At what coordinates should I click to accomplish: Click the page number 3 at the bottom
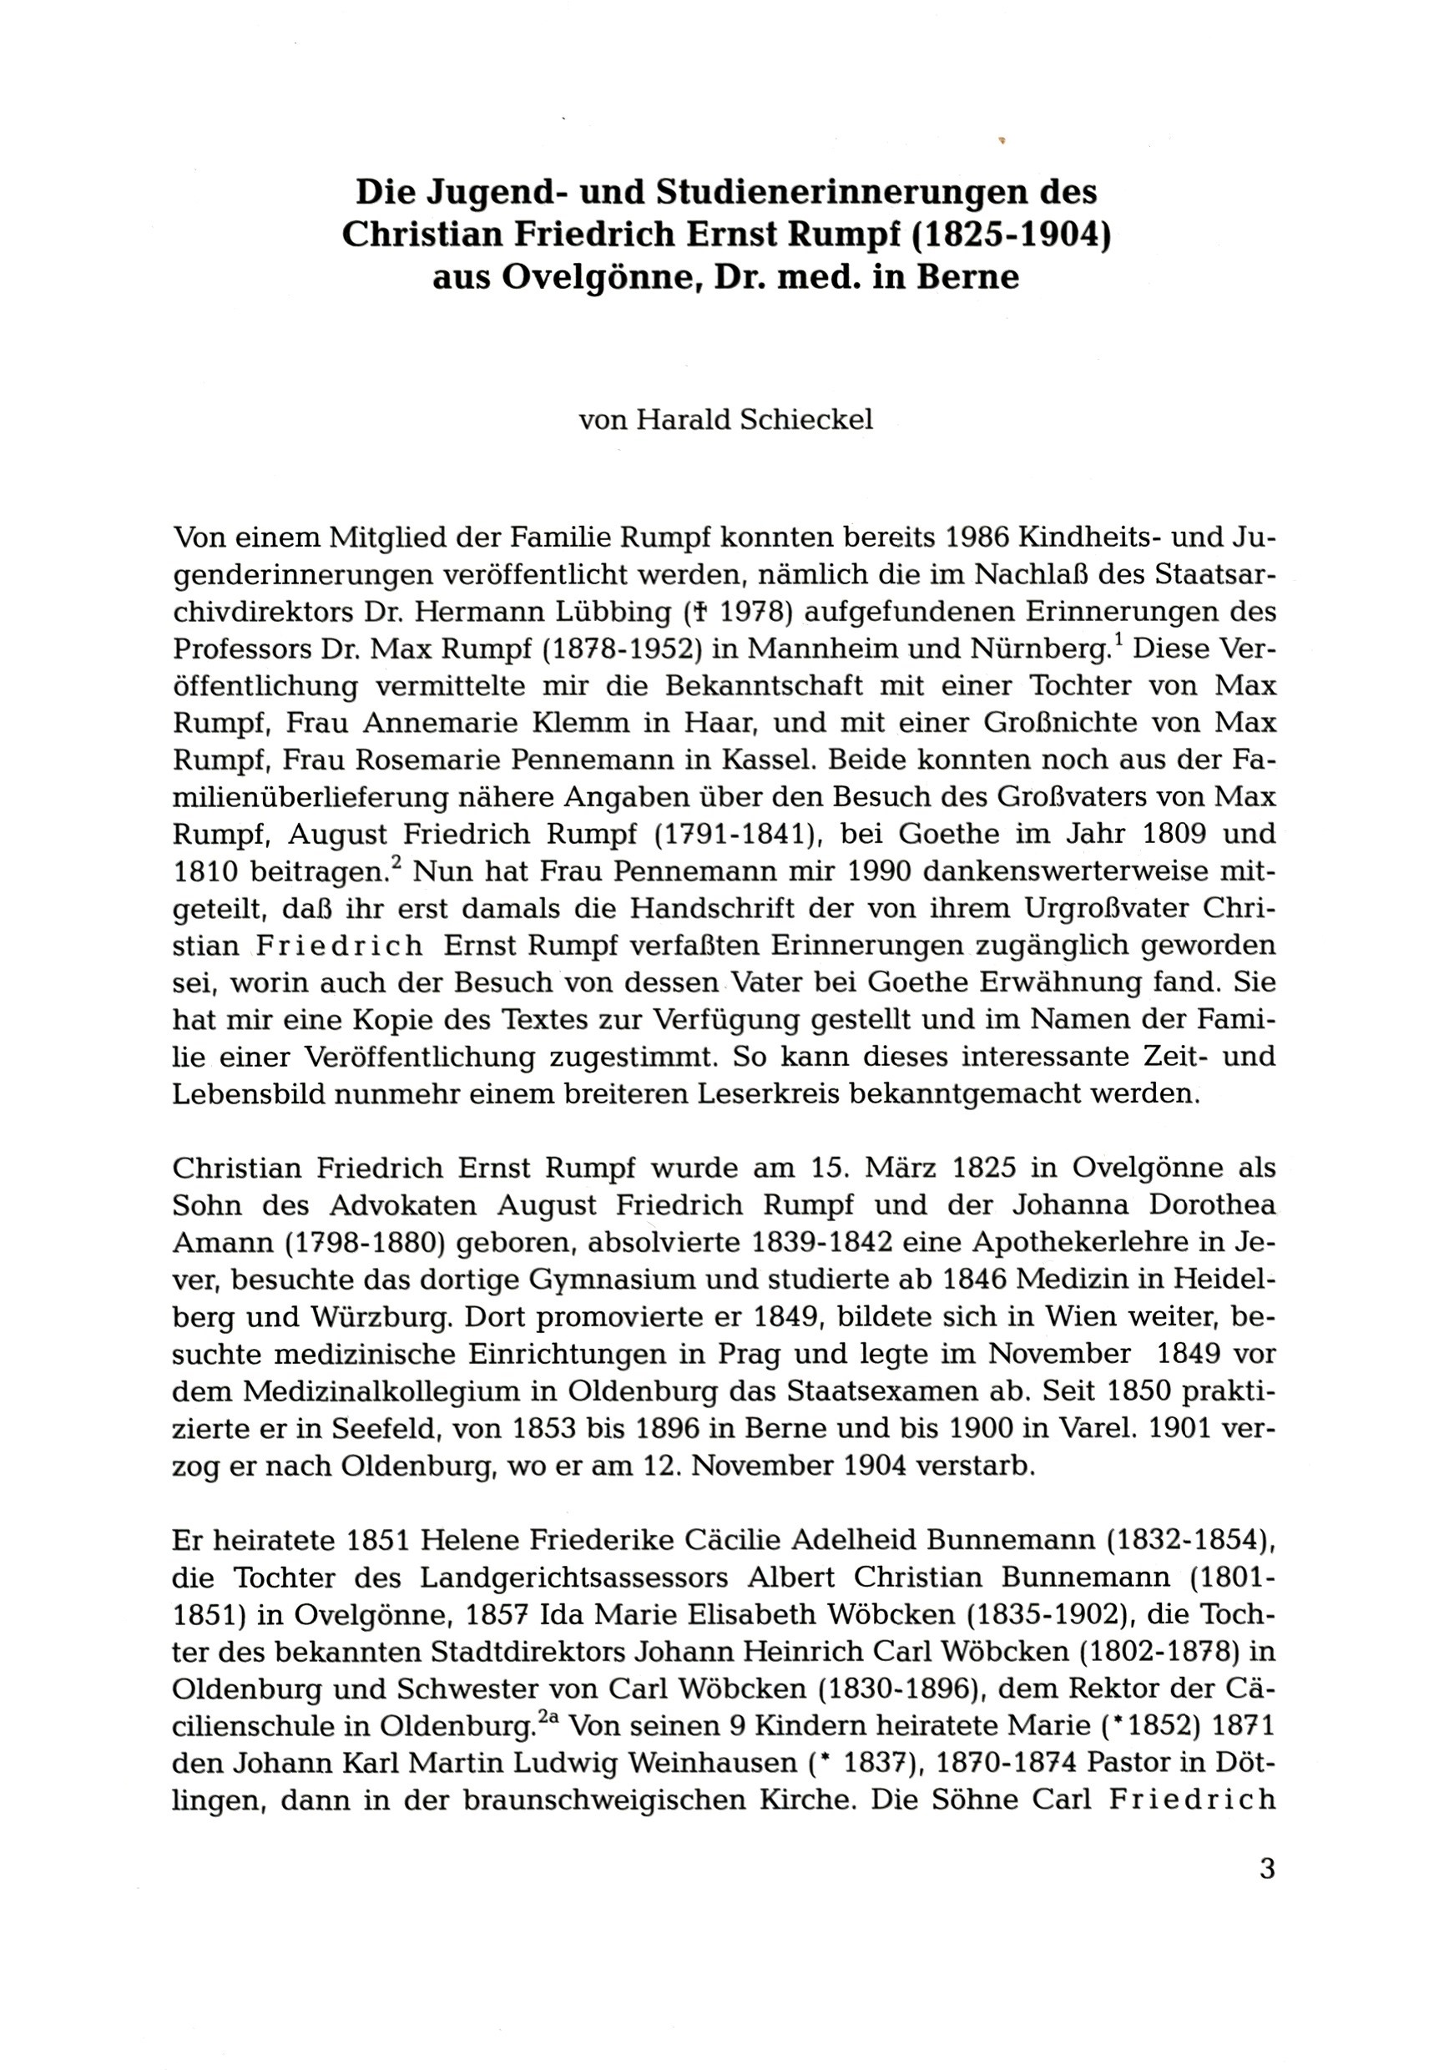[1267, 1868]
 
